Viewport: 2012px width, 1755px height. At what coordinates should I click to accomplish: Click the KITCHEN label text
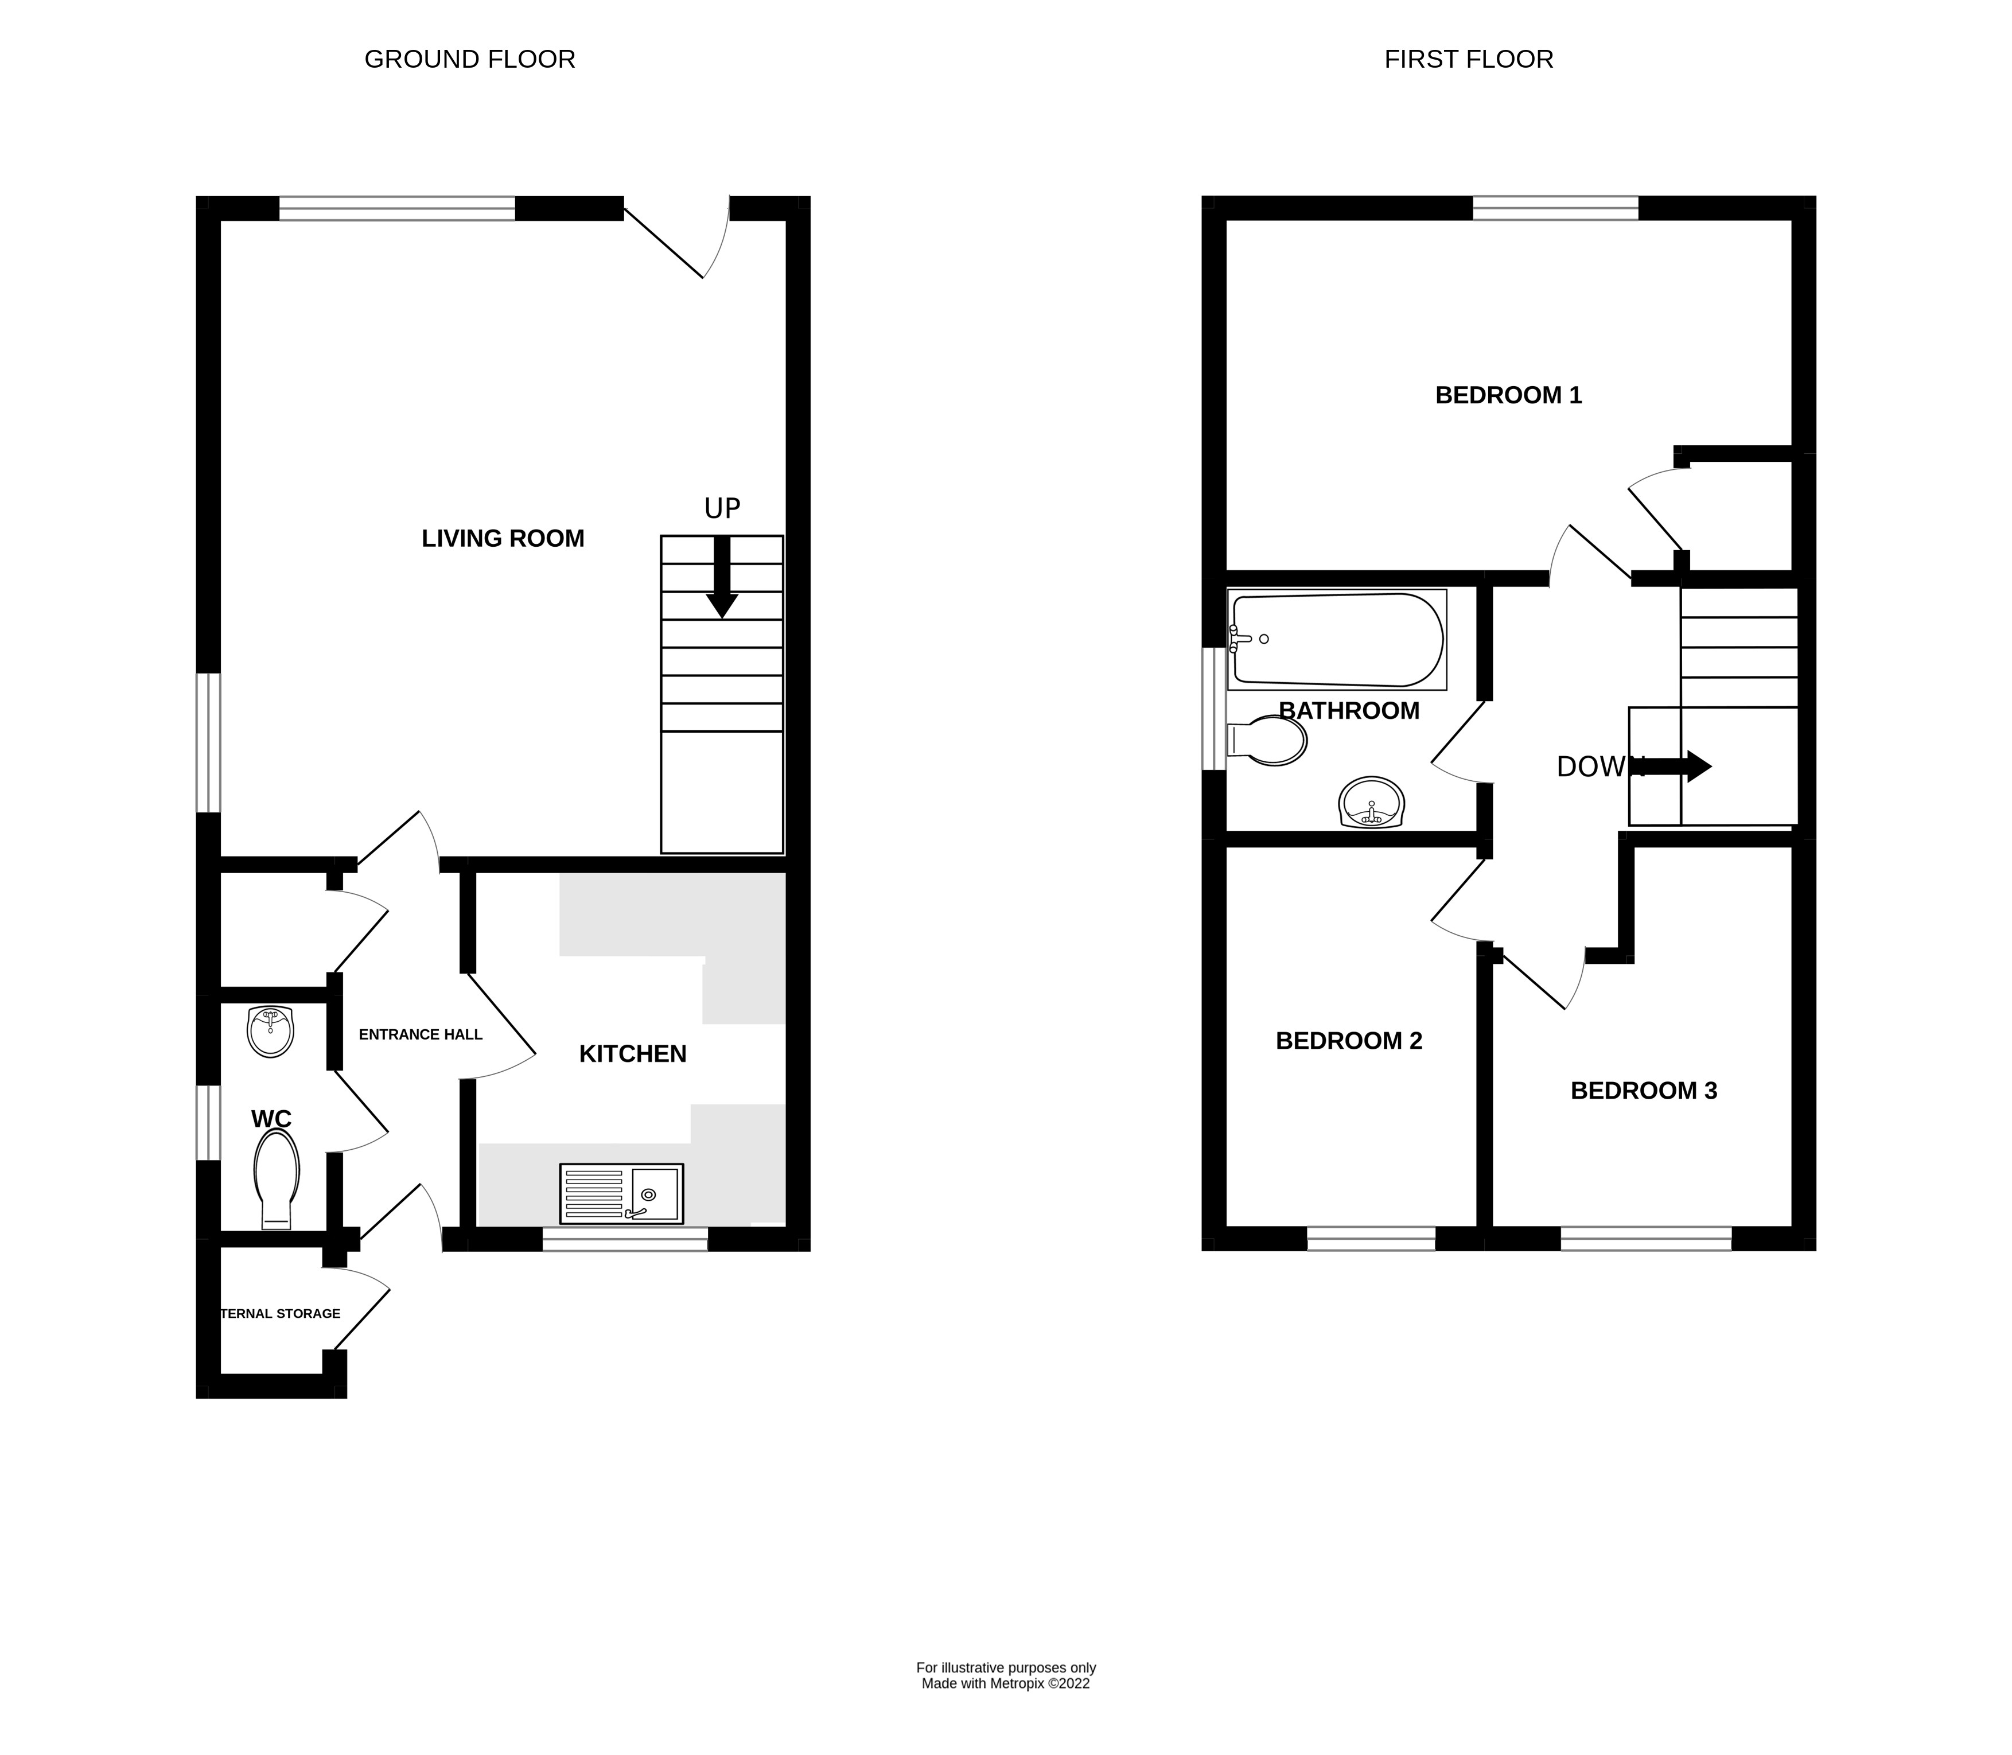632,1054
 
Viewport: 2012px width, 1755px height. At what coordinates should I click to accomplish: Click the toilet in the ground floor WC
276,1178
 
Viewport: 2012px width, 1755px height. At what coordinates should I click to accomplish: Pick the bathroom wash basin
1371,803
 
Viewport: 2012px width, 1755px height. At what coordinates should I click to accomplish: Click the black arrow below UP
722,578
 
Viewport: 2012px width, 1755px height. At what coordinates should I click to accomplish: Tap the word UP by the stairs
722,508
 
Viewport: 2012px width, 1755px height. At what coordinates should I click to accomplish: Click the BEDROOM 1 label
1508,396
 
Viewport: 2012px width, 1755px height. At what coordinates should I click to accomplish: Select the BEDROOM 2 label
1348,1041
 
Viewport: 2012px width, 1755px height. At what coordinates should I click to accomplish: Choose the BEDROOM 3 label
1643,1091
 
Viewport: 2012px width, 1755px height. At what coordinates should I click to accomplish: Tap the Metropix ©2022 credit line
1006,1683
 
